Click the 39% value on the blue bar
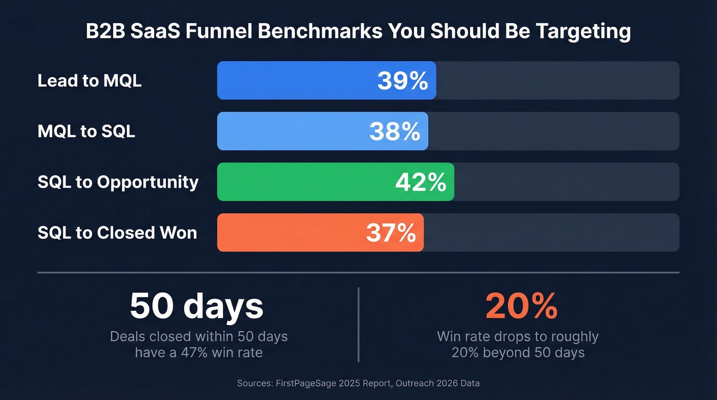pyautogui.click(x=403, y=81)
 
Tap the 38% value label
pyautogui.click(x=395, y=132)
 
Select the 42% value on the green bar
pyautogui.click(x=420, y=182)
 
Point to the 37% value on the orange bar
pyautogui.click(x=391, y=233)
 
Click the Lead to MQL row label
pyautogui.click(x=90, y=81)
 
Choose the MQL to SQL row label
pyautogui.click(x=86, y=132)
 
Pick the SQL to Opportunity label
pyautogui.click(x=118, y=182)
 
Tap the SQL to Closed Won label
pyautogui.click(x=117, y=233)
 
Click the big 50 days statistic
pyautogui.click(x=197, y=306)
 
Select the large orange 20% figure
pyautogui.click(x=521, y=306)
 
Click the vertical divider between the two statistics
pyautogui.click(x=358, y=324)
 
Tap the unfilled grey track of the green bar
pyautogui.click(x=566, y=182)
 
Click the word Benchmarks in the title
pyautogui.click(x=320, y=31)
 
